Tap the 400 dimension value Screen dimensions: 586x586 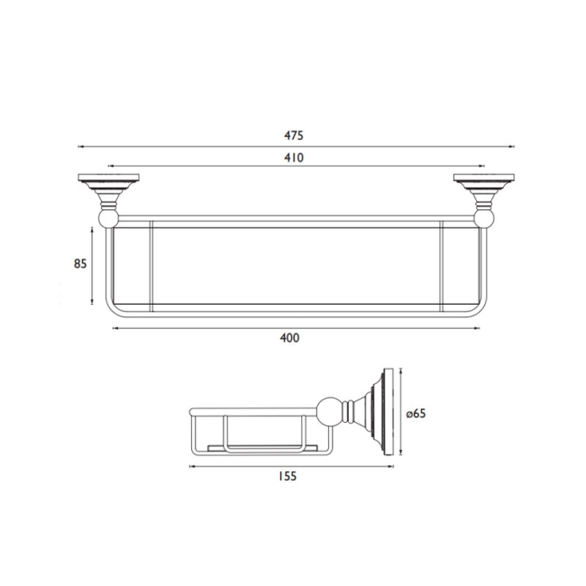pyautogui.click(x=289, y=338)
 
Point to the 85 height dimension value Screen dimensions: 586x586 pyautogui.click(x=80, y=265)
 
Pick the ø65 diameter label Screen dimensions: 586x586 pyautogui.click(x=416, y=413)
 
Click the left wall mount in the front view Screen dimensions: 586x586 pyautogui.click(x=107, y=189)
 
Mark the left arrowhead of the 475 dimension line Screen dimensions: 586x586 pyautogui.click(x=80, y=146)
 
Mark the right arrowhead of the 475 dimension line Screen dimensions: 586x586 pyautogui.click(x=510, y=146)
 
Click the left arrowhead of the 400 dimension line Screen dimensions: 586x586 pyautogui.click(x=114, y=329)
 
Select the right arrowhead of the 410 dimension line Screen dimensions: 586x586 pyautogui.click(x=481, y=167)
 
